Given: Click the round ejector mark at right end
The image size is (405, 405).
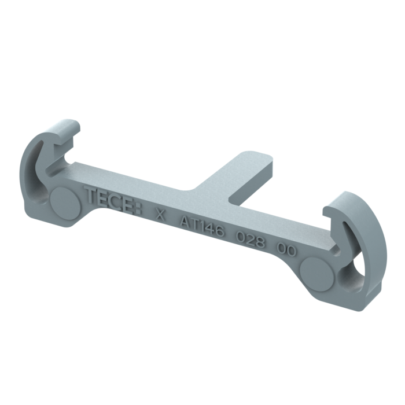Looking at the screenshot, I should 318,271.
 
